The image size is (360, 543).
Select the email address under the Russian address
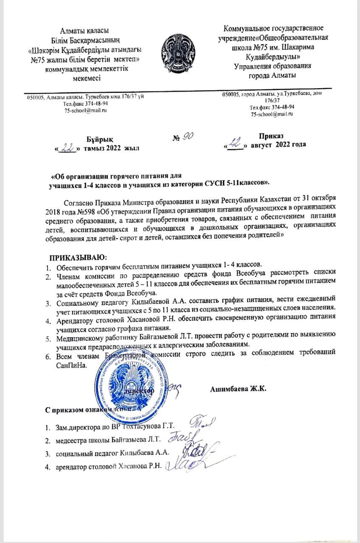pos(272,115)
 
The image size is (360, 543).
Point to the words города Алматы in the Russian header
pos(271,75)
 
